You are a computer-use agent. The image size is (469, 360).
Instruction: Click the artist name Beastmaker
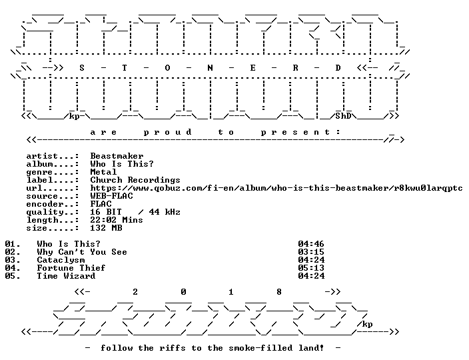click(x=117, y=156)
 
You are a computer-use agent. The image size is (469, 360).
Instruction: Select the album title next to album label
click(x=122, y=164)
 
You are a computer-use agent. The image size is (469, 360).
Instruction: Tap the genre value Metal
click(x=103, y=172)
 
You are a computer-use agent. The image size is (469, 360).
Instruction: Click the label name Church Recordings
click(x=135, y=180)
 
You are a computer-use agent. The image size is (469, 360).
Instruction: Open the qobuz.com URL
click(x=276, y=188)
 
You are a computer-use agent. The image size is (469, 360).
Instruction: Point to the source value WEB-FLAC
click(x=111, y=196)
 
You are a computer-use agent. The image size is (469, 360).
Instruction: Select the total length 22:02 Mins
click(x=117, y=220)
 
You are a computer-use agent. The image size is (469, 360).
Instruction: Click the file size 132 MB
click(x=106, y=228)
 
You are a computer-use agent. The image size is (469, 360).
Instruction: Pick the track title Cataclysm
click(x=61, y=260)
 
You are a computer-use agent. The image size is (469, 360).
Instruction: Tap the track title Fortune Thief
click(x=71, y=268)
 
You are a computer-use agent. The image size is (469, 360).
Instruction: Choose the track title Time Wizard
click(x=66, y=276)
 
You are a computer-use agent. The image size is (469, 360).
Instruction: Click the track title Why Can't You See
click(x=82, y=252)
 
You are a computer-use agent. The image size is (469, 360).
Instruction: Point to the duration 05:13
click(x=311, y=268)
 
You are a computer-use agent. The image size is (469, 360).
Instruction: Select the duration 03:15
click(x=311, y=252)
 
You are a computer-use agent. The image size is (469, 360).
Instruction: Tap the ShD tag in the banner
click(x=343, y=116)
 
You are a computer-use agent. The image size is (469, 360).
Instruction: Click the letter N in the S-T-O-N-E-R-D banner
click(x=210, y=68)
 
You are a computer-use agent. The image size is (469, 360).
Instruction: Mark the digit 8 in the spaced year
click(x=278, y=292)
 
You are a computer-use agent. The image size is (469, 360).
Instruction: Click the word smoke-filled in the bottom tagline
click(x=260, y=348)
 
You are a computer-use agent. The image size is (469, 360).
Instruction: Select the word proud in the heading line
click(x=167, y=132)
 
